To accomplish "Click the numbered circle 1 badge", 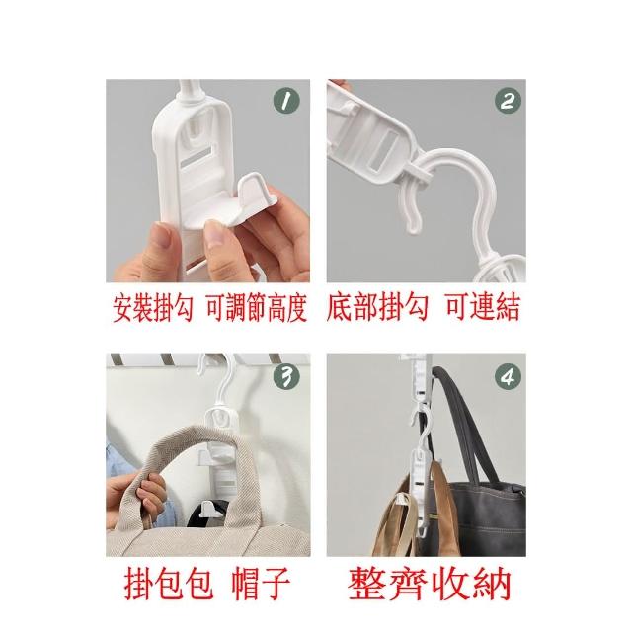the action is pyautogui.click(x=286, y=101).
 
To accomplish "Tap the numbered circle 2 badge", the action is pyautogui.click(x=508, y=101).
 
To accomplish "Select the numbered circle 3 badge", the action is pyautogui.click(x=286, y=377).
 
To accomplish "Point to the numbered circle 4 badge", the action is pyautogui.click(x=508, y=377).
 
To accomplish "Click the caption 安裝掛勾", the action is pyautogui.click(x=153, y=308).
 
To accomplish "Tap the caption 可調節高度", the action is pyautogui.click(x=257, y=308).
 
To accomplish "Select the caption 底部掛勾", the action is pyautogui.click(x=377, y=307).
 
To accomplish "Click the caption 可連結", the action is pyautogui.click(x=483, y=307).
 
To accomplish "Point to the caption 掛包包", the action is pyautogui.click(x=169, y=584).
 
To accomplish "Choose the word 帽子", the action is pyautogui.click(x=261, y=584).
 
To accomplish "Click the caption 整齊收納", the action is pyautogui.click(x=430, y=584).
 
